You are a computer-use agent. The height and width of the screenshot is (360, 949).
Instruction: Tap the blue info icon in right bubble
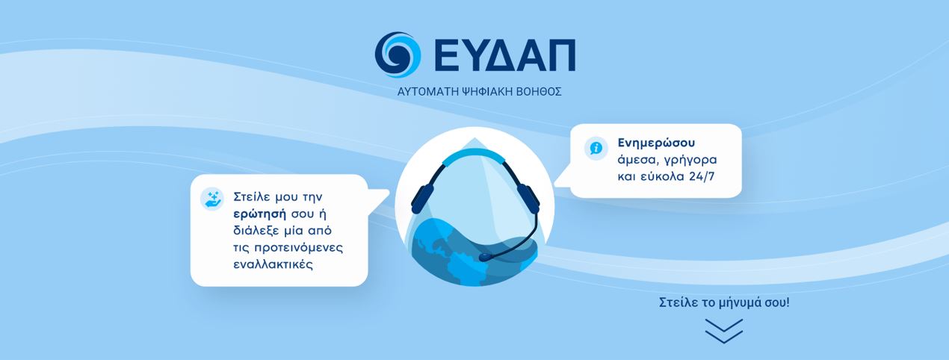point(596,147)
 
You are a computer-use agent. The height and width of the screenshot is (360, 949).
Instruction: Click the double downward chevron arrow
point(723,330)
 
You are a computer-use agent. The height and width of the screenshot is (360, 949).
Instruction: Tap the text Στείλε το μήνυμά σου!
point(723,304)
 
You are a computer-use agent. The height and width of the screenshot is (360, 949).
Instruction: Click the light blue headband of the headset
point(474,155)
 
